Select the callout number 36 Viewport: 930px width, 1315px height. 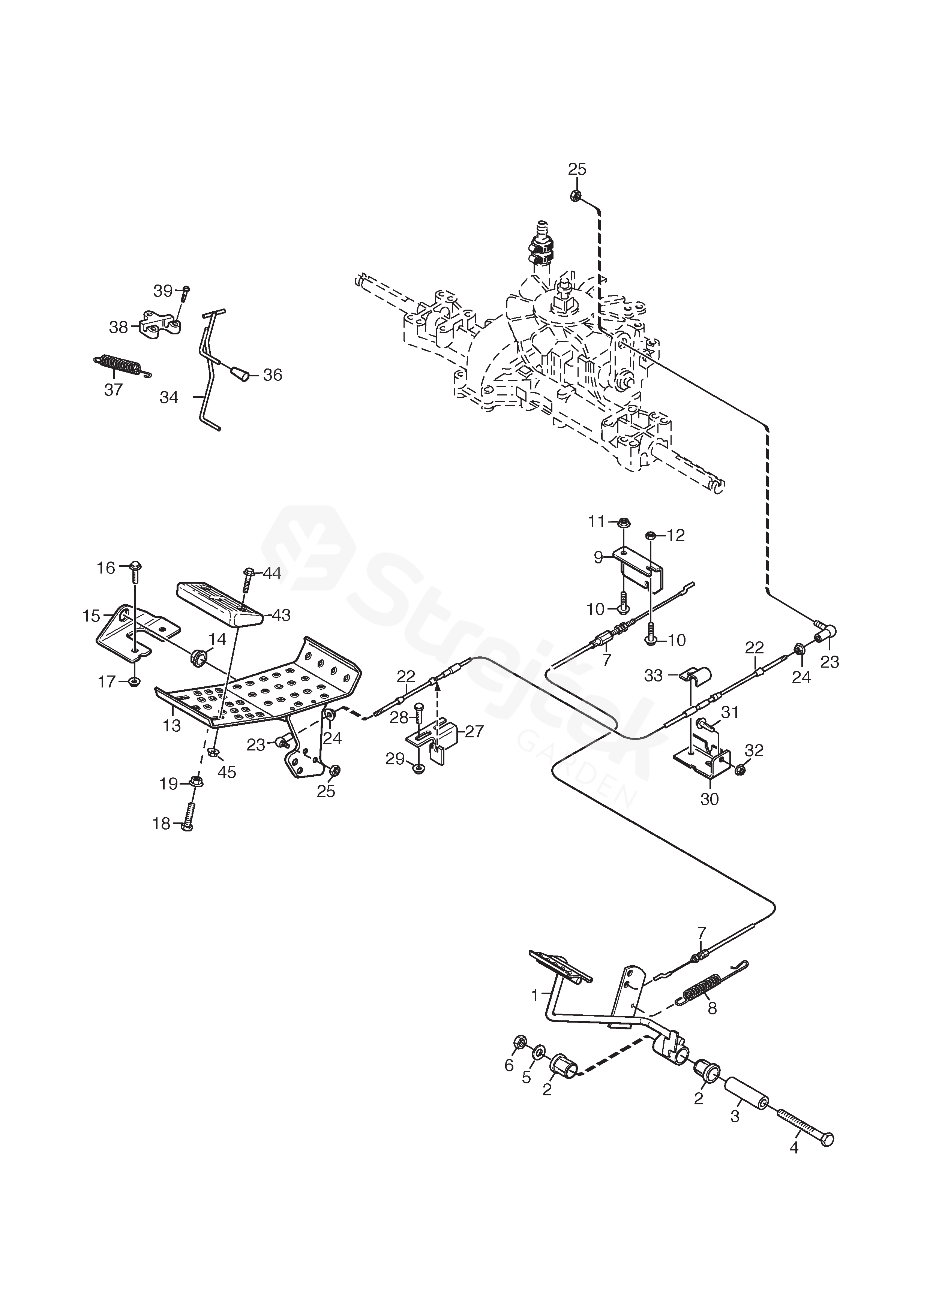pyautogui.click(x=273, y=375)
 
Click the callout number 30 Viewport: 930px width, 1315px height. pyautogui.click(x=709, y=798)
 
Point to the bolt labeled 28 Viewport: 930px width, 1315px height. pyautogui.click(x=418, y=717)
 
